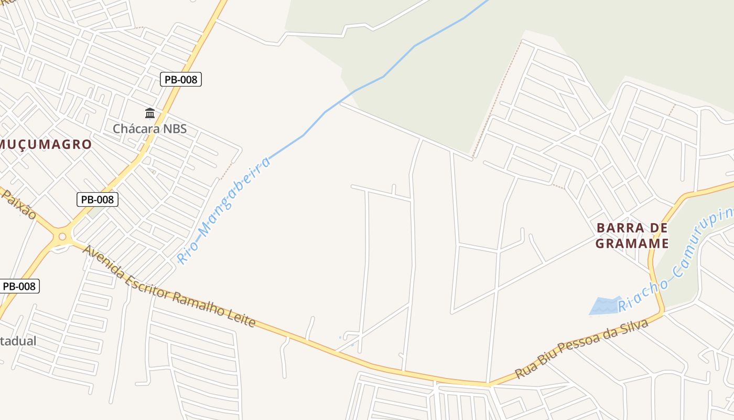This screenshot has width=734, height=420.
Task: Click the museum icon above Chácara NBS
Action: click(x=150, y=113)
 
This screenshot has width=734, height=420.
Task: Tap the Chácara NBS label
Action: click(x=150, y=129)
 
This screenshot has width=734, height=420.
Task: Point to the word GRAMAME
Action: click(x=632, y=243)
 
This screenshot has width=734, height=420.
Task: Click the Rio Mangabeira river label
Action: click(x=224, y=209)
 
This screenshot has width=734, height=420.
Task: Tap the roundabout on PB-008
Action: click(x=62, y=237)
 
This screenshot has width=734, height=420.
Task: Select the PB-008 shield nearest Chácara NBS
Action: click(x=181, y=79)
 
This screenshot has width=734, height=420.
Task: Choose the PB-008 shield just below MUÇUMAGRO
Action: click(x=98, y=199)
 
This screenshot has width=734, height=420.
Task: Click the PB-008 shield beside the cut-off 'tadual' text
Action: click(x=19, y=286)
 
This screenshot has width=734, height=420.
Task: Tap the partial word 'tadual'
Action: click(x=18, y=341)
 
